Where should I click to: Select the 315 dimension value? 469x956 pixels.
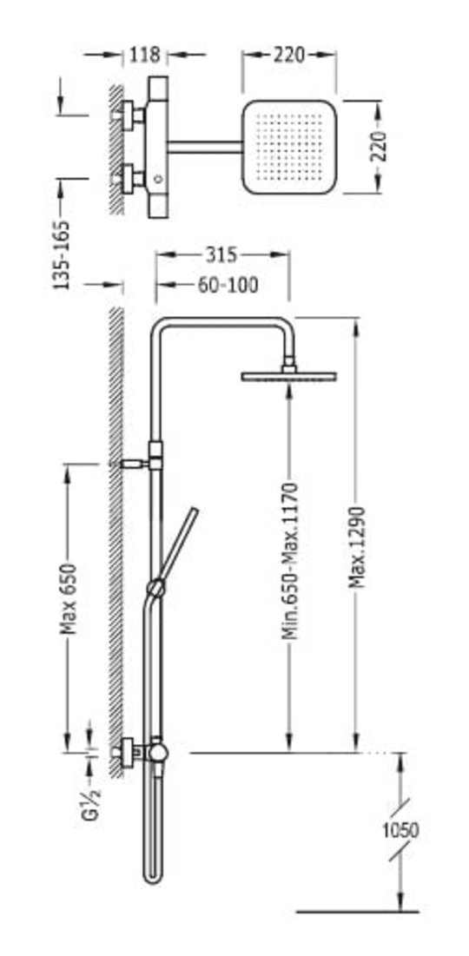221,255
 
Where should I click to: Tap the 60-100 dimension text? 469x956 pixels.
228,285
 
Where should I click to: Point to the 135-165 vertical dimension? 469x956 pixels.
61,255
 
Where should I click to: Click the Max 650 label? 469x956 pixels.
70,599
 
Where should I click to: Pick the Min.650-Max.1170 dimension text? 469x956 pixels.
290,561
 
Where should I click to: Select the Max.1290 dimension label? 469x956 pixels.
358,547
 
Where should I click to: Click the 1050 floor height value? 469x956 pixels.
400,830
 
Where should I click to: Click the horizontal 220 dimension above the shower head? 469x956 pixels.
288,54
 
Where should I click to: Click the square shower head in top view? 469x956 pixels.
289,147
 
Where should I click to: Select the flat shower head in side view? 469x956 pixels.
289,375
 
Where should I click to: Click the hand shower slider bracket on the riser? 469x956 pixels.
156,588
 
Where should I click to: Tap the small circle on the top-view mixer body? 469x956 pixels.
159,179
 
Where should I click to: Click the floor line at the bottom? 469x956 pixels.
357,912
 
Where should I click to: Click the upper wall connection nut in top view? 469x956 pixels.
129,115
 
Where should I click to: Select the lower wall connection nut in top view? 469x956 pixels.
129,179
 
